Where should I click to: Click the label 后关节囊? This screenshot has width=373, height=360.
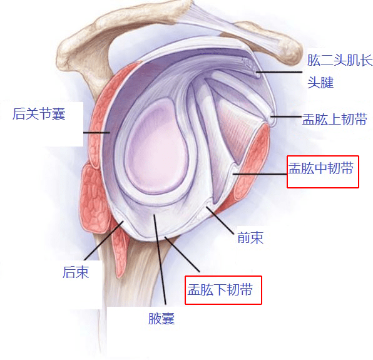pos(39,114)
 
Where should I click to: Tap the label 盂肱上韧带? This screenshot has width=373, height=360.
pos(334,119)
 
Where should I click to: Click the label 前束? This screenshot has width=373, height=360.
pos(250,237)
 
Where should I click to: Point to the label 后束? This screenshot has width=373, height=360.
pos(76,272)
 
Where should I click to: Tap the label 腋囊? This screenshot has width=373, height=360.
pos(161,319)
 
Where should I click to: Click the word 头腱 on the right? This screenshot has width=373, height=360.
pos(320,82)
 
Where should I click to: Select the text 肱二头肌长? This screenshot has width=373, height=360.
pos(340,59)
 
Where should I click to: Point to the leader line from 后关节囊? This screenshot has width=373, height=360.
pos(96,133)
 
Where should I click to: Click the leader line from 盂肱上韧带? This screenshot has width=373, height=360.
pos(286,116)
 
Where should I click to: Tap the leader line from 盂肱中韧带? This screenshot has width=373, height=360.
pos(260,174)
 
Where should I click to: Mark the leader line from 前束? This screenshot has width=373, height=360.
pos(220,220)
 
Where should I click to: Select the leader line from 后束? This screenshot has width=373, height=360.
pos(104,240)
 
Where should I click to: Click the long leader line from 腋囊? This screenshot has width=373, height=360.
pos(160,259)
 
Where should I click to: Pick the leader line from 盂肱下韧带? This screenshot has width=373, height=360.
pos(182,254)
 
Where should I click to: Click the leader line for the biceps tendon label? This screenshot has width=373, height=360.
pos(279,72)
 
